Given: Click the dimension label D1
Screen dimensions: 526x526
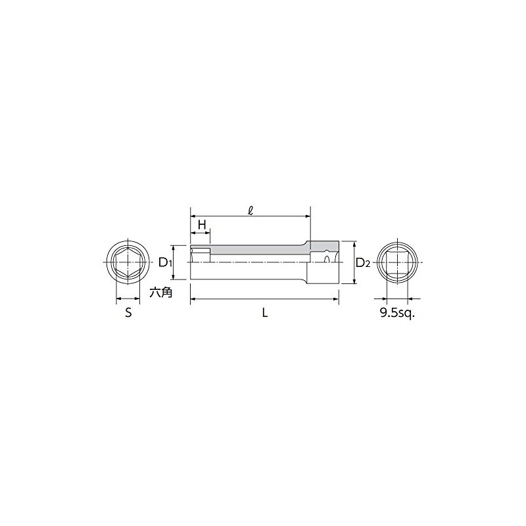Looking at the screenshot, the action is coord(165,262).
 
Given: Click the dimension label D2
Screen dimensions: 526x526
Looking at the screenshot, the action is coord(363,262).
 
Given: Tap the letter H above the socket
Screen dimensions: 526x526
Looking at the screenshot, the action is coord(202,225).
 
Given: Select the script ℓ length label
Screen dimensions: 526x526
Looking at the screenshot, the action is coord(250,210).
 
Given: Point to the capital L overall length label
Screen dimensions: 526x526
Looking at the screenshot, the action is coord(265,313).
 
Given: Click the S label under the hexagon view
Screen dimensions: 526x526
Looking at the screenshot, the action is coord(128,313).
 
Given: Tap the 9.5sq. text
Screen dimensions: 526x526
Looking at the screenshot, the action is coord(397,313).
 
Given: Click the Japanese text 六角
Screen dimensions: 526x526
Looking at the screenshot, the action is coord(160,293).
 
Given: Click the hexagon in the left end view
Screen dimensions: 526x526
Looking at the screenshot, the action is coord(128,262).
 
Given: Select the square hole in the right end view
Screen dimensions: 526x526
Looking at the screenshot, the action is coord(397,262).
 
